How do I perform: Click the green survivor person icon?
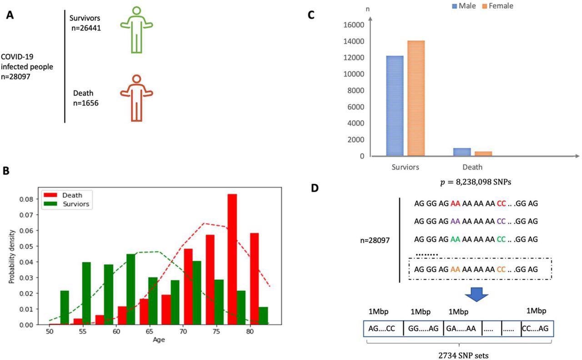click(x=136, y=30)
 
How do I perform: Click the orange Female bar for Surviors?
click(x=415, y=98)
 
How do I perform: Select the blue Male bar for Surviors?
click(x=395, y=106)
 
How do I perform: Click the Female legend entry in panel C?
click(x=497, y=6)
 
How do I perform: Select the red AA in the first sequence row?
click(x=456, y=204)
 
